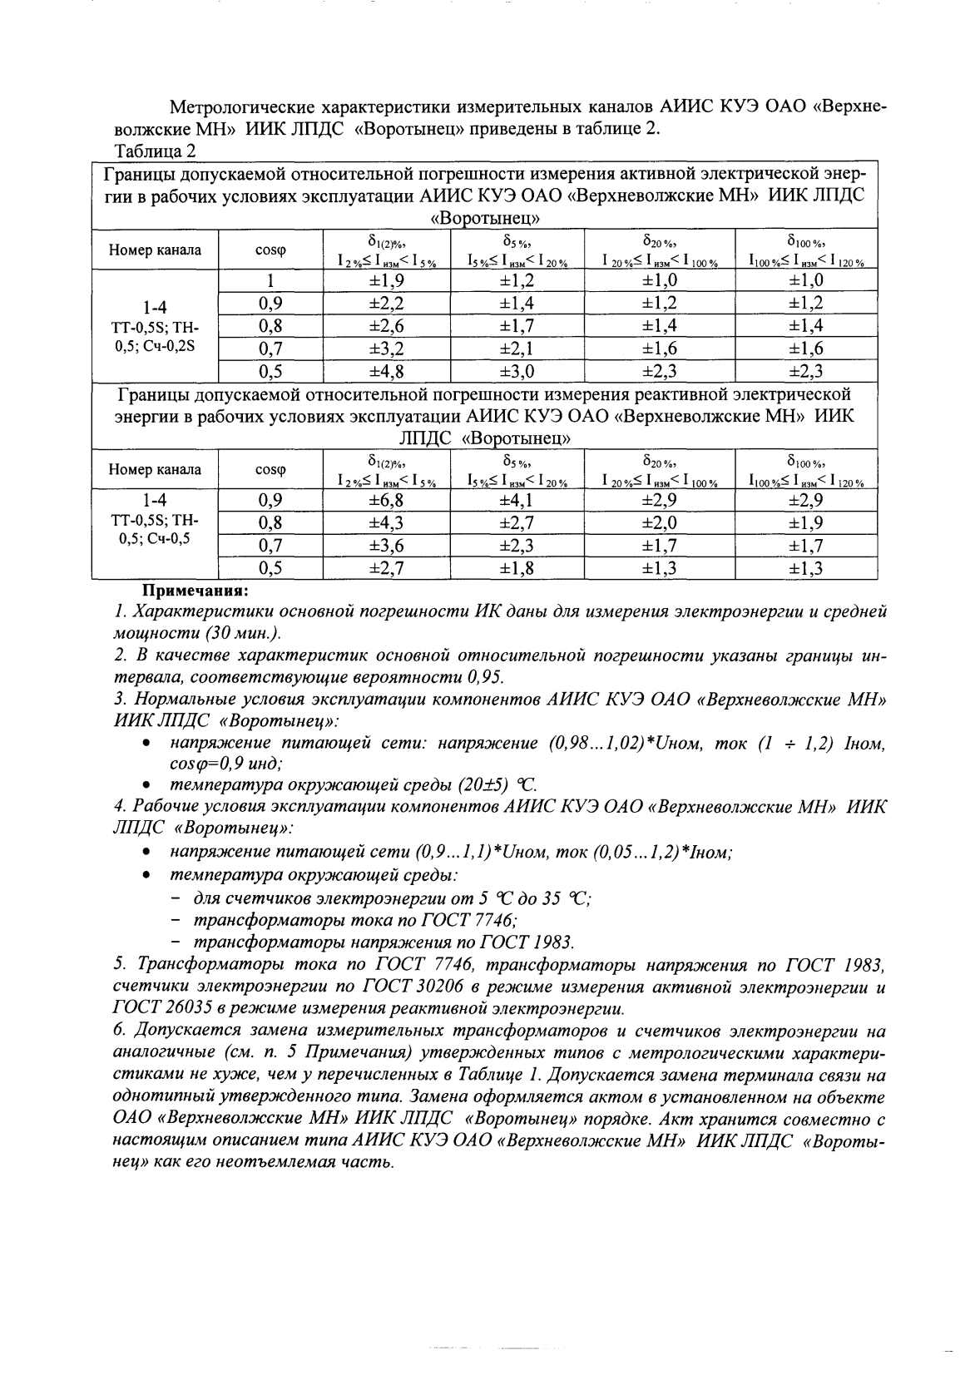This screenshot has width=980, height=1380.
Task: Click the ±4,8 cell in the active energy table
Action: pyautogui.click(x=386, y=371)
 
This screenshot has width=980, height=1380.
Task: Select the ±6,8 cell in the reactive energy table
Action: pyautogui.click(x=386, y=500)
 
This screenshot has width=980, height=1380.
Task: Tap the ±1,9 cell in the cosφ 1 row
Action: pyautogui.click(x=386, y=280)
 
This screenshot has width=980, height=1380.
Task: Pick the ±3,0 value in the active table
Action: pyautogui.click(x=517, y=371)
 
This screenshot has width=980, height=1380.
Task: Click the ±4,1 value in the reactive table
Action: pyautogui.click(x=517, y=500)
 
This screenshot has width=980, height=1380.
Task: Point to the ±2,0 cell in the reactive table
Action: pyautogui.click(x=660, y=522)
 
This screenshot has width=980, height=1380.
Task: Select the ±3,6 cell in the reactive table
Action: pyautogui.click(x=386, y=546)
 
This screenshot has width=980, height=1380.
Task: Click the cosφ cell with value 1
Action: pyautogui.click(x=270, y=280)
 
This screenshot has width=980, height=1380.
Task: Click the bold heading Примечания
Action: pyautogui.click(x=196, y=591)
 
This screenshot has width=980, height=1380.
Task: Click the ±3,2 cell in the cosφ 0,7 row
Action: pyautogui.click(x=386, y=349)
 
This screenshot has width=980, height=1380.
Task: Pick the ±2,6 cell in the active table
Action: pyautogui.click(x=386, y=326)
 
